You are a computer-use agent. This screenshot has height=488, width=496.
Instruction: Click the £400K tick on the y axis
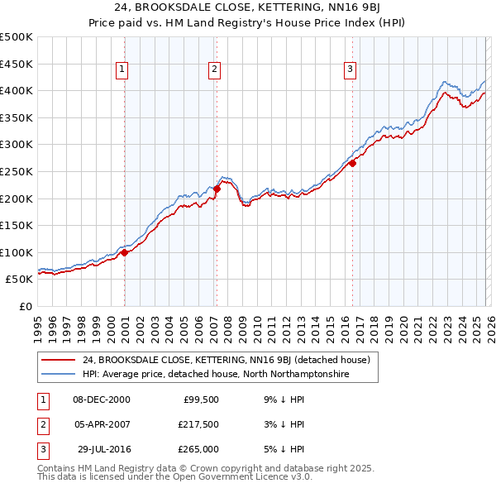coord(16,90)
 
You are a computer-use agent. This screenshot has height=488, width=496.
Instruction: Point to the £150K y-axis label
coord(16,225)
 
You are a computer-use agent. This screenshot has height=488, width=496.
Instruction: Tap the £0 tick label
coord(26,306)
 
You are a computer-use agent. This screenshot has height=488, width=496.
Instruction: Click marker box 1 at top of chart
coord(122,70)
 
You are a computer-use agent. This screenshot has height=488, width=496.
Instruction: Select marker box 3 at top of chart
coord(350,70)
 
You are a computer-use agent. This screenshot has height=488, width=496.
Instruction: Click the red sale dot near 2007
coord(217,189)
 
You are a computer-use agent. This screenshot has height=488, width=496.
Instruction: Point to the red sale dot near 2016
coord(352,163)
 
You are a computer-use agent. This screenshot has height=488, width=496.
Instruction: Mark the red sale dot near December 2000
coord(125,252)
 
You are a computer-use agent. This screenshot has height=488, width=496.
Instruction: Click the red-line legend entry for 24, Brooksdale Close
coord(231,360)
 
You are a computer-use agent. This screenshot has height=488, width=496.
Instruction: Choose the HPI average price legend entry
coord(216,375)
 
